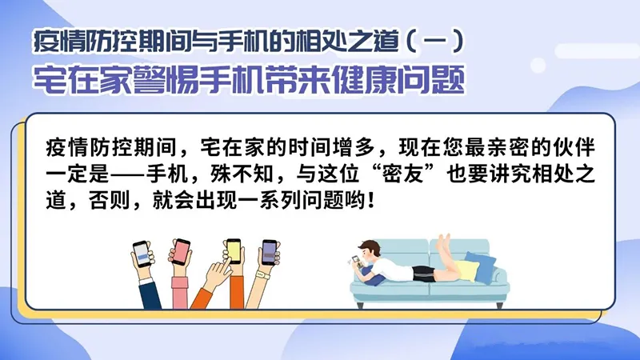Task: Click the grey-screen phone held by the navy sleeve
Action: tap(142, 254)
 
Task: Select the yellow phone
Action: tap(234, 250)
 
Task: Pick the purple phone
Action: tap(269, 253)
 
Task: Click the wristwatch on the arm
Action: tap(263, 275)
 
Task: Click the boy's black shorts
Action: tap(424, 273)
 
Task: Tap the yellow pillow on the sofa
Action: tap(468, 270)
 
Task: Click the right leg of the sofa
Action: tap(499, 305)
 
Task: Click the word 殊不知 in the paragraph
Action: tap(242, 174)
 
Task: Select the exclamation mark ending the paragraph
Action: tap(370, 201)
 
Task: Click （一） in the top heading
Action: tap(435, 42)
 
